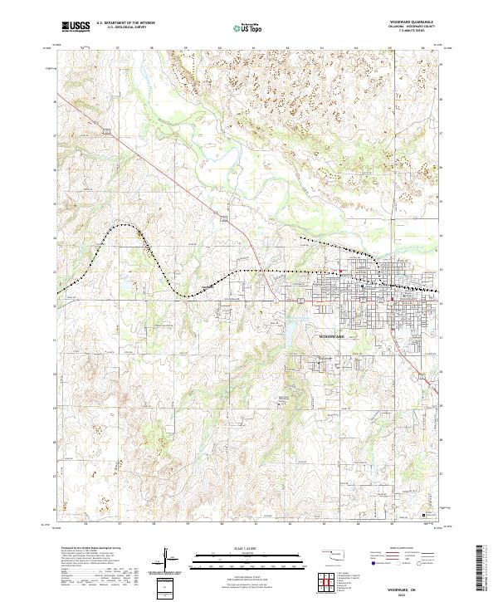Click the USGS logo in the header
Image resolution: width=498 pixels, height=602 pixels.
pos(76,27)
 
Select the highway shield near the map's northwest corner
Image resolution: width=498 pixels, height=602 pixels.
pos(106,131)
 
